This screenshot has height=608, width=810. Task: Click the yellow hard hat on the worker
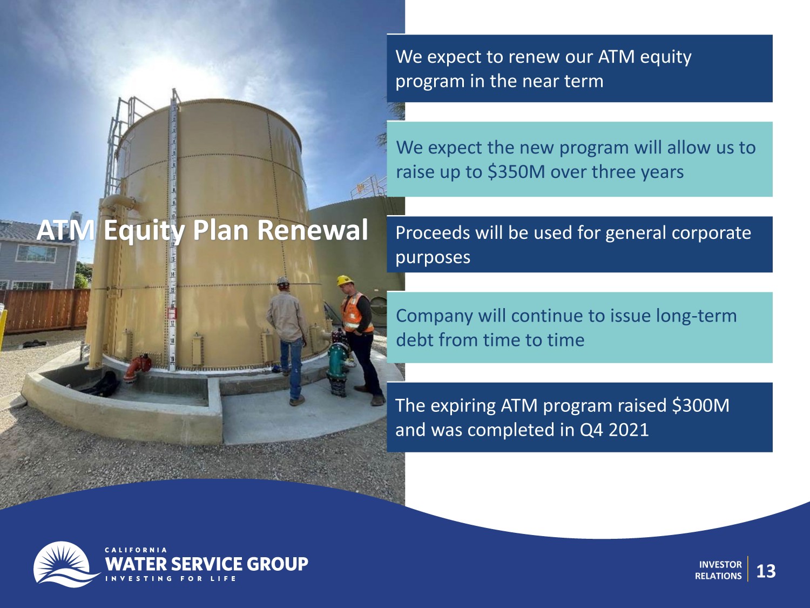coord(345,280)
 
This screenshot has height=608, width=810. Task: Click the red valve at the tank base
coord(138,366)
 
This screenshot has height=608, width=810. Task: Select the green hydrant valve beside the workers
coord(337,365)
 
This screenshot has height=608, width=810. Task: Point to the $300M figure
coord(700,405)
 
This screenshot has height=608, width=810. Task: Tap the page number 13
coord(766,571)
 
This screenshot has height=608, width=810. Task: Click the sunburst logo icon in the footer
coord(65,564)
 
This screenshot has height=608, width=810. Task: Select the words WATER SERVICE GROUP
coord(206,564)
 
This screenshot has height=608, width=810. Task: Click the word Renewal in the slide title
coord(312,230)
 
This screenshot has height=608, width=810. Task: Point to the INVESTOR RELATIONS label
coord(719,570)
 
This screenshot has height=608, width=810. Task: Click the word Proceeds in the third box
coord(428,232)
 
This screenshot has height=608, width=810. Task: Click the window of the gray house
coord(36,254)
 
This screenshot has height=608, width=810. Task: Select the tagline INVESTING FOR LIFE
coord(171,578)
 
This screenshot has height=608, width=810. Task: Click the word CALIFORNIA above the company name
coord(136,550)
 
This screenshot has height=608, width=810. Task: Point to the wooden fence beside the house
coord(45,310)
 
